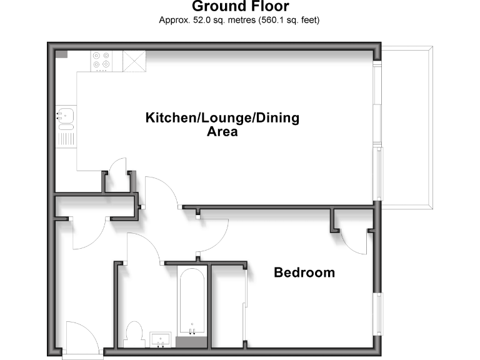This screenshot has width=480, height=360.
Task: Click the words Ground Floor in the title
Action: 240,7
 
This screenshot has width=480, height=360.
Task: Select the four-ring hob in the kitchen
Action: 102,59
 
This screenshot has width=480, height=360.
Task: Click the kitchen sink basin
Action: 66,114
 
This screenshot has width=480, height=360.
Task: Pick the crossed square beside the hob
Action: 133,61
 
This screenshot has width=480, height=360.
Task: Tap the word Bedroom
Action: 304,273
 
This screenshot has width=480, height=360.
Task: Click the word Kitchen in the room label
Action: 167,117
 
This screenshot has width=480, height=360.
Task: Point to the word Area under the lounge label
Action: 222,132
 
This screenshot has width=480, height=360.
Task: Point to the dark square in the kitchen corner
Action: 62,54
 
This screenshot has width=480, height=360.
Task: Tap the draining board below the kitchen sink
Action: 66,135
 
